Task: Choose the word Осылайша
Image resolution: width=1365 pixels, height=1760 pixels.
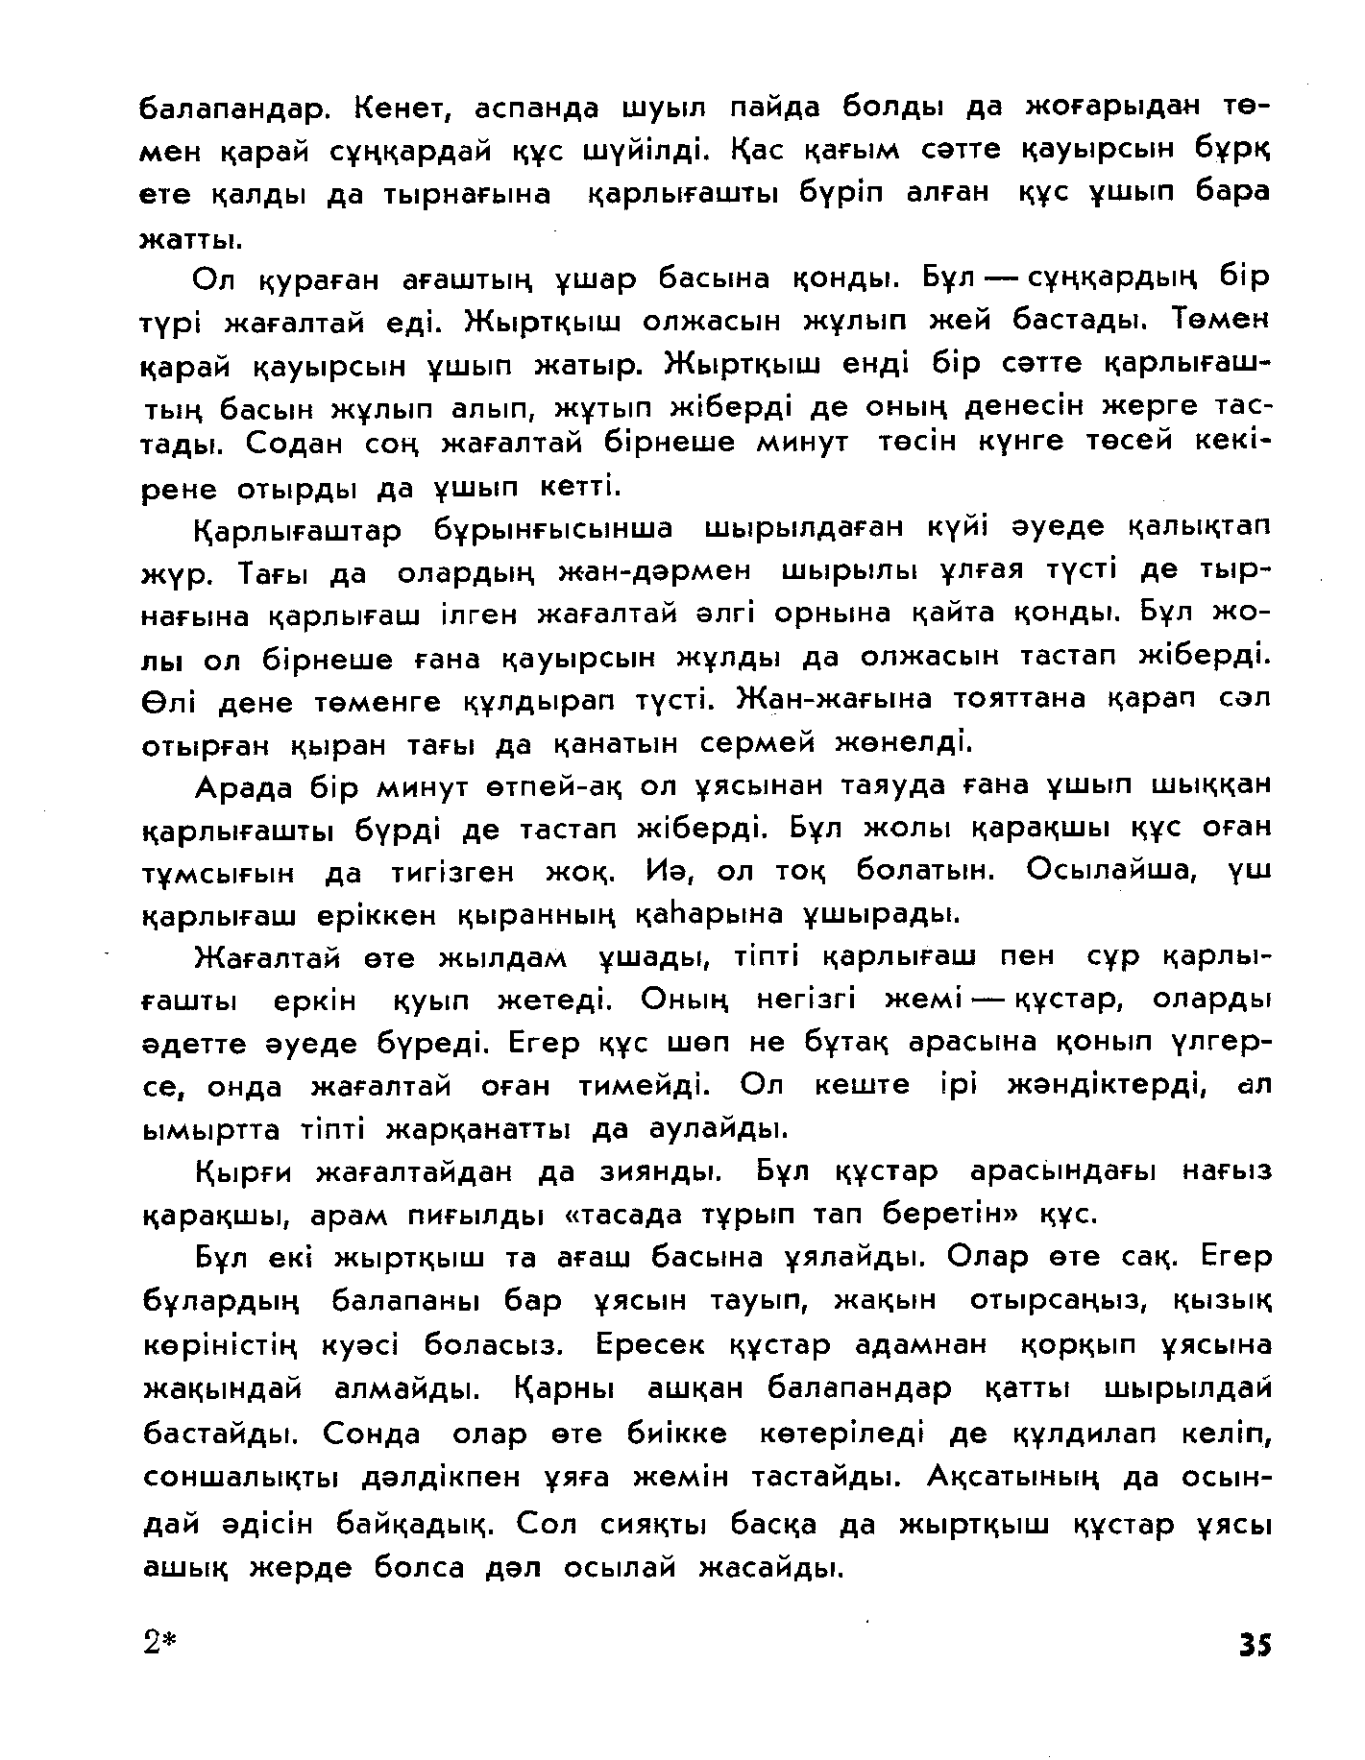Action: coord(1108,869)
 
